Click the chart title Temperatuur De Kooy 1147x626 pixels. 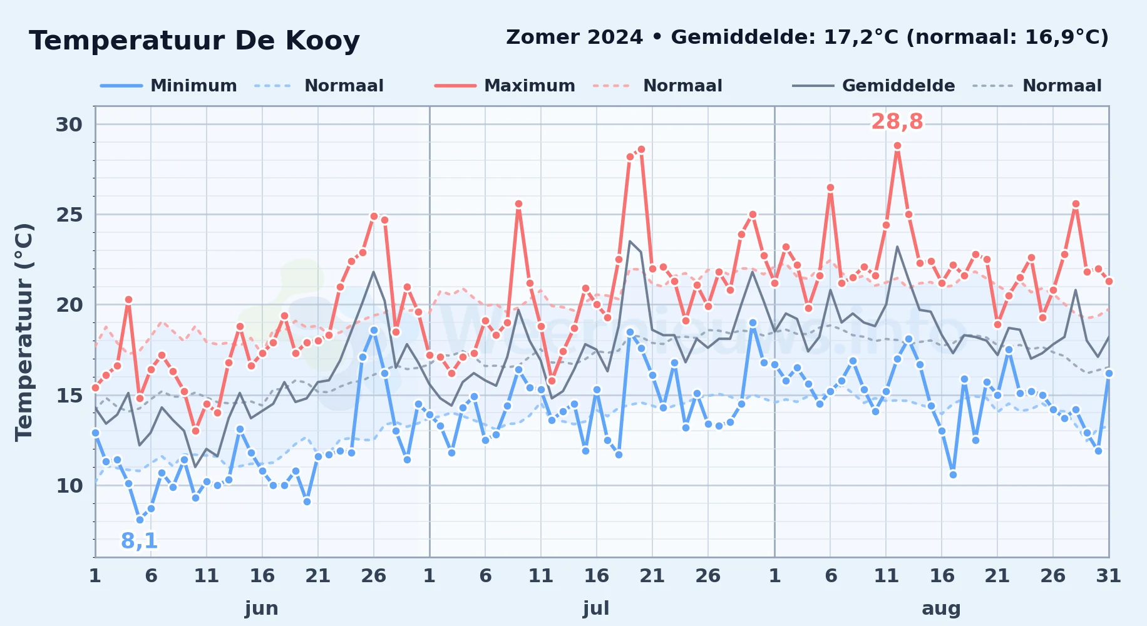(x=194, y=41)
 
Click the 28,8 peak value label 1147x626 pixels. (x=897, y=121)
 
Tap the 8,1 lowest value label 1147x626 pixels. (x=139, y=540)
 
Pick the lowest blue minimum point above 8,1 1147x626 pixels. (x=140, y=520)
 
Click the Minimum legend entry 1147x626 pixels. (x=168, y=86)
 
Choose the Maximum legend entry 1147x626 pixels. (x=505, y=86)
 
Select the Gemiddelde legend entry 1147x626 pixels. (x=874, y=86)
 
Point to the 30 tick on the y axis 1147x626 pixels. (x=69, y=125)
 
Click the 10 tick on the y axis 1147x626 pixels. (x=69, y=485)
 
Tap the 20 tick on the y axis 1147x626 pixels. (x=69, y=305)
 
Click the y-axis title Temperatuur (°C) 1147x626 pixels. (x=24, y=332)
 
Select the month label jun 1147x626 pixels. (x=262, y=608)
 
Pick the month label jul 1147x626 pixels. (x=596, y=608)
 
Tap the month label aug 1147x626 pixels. (x=941, y=608)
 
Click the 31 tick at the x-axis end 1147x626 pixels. (x=1108, y=575)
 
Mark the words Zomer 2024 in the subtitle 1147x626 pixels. (x=574, y=37)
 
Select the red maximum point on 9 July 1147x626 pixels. (x=518, y=204)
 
